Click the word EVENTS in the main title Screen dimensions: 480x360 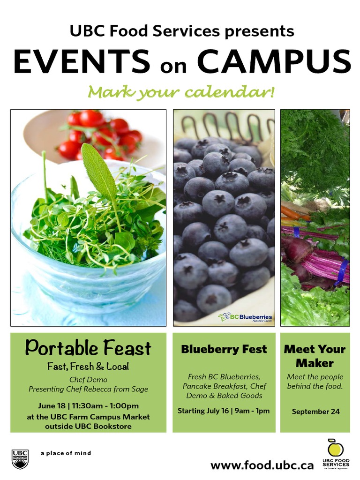point(82,61)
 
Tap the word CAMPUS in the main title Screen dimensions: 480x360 point(274,61)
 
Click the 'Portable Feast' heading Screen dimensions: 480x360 point(88,348)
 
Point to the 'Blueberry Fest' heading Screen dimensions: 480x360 point(224,349)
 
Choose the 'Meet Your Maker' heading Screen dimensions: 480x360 point(315,356)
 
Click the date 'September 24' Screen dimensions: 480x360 point(315,412)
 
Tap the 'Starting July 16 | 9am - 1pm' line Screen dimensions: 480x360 point(224,411)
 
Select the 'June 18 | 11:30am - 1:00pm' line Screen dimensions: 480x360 point(88,406)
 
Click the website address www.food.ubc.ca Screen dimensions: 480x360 point(262,465)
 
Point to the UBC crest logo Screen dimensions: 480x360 point(20,458)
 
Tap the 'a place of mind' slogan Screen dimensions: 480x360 point(66,453)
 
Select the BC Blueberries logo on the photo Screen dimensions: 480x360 point(245,318)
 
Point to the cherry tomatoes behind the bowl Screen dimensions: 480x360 point(101,134)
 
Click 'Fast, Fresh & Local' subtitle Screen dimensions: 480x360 point(88,367)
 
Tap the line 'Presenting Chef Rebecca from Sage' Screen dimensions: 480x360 point(88,389)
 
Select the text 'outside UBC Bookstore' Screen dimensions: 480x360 point(88,427)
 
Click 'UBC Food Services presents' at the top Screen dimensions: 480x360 point(182,31)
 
